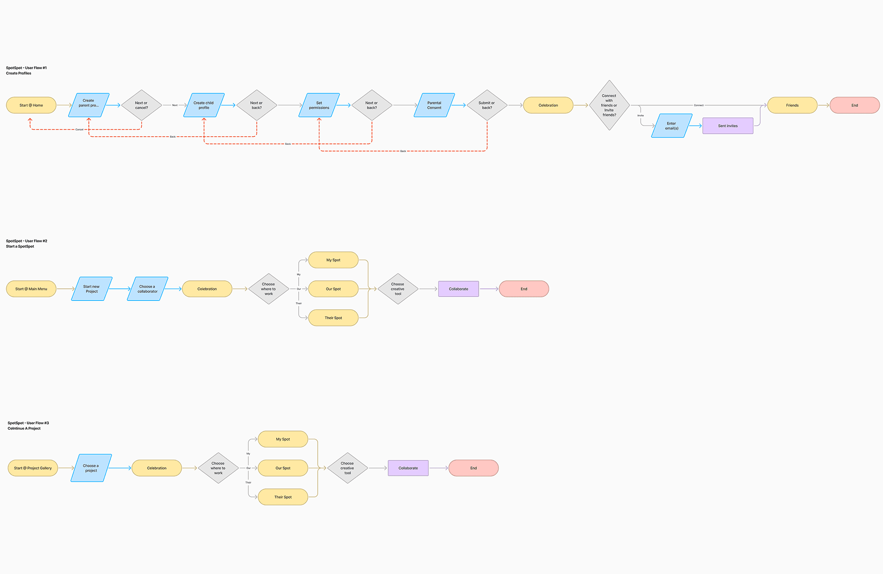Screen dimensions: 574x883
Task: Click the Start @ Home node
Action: coord(31,105)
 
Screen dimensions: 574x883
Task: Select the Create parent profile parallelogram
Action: coord(89,105)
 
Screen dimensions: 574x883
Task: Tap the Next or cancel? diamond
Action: coord(141,105)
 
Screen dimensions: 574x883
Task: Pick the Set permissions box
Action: coord(319,105)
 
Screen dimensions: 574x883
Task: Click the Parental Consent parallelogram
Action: coord(434,105)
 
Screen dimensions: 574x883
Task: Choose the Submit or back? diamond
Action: coord(487,105)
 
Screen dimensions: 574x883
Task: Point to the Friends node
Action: coord(792,105)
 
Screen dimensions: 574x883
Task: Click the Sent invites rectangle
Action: coord(727,126)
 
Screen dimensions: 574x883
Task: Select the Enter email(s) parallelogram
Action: coord(671,126)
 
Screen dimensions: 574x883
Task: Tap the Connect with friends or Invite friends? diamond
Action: coord(609,105)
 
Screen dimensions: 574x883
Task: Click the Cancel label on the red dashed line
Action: coord(79,130)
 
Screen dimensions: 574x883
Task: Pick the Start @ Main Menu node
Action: coord(31,289)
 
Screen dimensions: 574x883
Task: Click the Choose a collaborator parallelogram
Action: coord(147,289)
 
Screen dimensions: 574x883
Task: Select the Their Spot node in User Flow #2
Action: coord(333,318)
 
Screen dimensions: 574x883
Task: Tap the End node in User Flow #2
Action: coord(524,289)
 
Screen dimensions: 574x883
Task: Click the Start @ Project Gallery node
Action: coord(33,468)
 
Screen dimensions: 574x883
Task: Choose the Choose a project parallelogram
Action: coord(91,468)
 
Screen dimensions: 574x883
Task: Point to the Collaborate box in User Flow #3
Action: coord(408,468)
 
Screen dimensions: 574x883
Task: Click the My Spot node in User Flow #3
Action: coord(283,439)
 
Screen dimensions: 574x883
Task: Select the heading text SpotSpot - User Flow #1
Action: coord(26,68)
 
